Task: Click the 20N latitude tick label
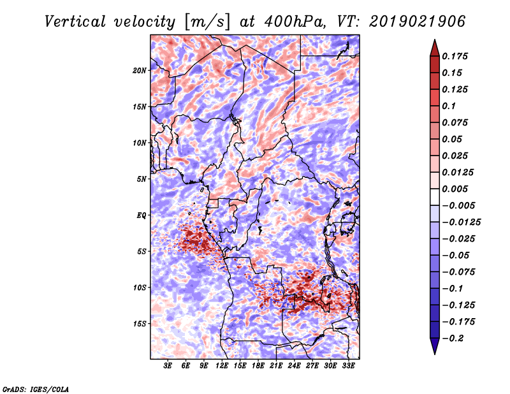(140, 71)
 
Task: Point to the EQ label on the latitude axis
(142, 215)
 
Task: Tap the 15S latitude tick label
(140, 324)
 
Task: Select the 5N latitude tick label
(142, 179)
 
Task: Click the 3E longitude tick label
(168, 366)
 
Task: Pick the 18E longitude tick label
(258, 366)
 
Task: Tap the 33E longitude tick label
(348, 366)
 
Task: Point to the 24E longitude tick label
(294, 366)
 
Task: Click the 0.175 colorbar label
(455, 56)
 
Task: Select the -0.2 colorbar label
(453, 339)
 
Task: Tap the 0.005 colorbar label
(455, 189)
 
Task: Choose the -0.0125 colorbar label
(461, 223)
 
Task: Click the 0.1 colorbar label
(449, 106)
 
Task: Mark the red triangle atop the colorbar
(435, 48)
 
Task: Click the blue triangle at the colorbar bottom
(435, 346)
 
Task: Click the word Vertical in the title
(75, 22)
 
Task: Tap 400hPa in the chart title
(295, 22)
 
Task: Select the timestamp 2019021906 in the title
(418, 22)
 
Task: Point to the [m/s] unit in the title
(207, 22)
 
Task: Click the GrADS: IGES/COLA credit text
(36, 389)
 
